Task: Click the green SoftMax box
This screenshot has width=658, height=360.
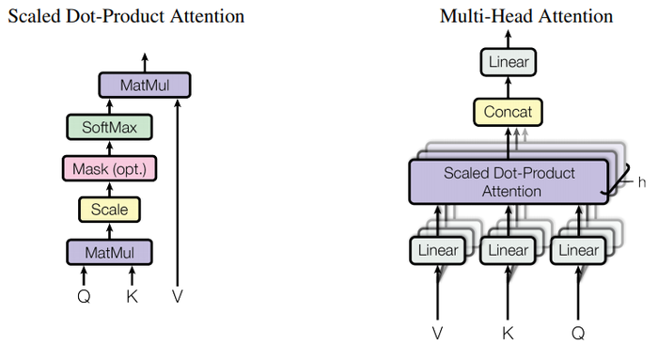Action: pyautogui.click(x=109, y=126)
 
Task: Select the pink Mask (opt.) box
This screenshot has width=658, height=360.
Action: pyautogui.click(x=109, y=168)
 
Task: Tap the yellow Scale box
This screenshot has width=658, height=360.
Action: pyautogui.click(x=109, y=210)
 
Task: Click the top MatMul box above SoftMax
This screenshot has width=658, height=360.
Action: pyautogui.click(x=145, y=86)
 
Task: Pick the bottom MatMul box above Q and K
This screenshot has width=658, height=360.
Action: pyautogui.click(x=109, y=251)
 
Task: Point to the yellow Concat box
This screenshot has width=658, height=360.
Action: pyautogui.click(x=508, y=113)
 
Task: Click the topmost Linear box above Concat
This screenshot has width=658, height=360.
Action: pyautogui.click(x=508, y=63)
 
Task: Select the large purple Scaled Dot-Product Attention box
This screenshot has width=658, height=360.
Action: pyautogui.click(x=508, y=182)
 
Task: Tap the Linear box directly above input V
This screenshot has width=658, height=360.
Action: pyautogui.click(x=437, y=250)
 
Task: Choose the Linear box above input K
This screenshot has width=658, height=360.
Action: pyautogui.click(x=508, y=250)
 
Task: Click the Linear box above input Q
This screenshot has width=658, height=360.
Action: pyautogui.click(x=578, y=250)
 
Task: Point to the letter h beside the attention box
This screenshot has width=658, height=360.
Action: pyautogui.click(x=642, y=181)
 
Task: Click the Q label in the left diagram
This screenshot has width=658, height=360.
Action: pyautogui.click(x=84, y=296)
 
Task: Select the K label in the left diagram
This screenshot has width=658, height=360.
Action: pyautogui.click(x=132, y=296)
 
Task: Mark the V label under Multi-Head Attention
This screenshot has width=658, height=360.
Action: pyautogui.click(x=437, y=334)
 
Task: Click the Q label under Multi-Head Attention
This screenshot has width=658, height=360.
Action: pyautogui.click(x=579, y=334)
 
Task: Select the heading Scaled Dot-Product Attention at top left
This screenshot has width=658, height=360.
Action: pyautogui.click(x=126, y=16)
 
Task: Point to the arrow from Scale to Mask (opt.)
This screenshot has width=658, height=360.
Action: pyautogui.click(x=109, y=189)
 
